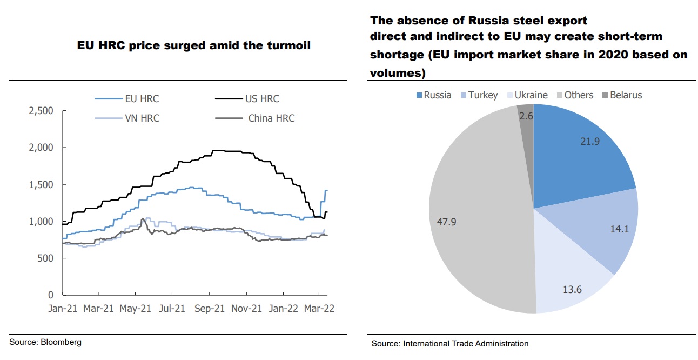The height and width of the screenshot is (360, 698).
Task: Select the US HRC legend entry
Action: click(262, 98)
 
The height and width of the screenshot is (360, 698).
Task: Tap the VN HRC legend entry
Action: click(142, 118)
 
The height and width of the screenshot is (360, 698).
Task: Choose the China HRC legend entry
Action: click(271, 118)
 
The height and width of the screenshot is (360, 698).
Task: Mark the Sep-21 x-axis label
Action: click(209, 308)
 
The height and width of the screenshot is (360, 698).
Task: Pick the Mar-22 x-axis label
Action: click(319, 308)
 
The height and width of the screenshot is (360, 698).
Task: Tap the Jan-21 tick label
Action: click(63, 308)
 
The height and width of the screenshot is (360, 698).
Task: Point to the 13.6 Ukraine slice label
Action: click(572, 289)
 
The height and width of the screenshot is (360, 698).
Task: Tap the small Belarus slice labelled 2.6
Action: click(526, 116)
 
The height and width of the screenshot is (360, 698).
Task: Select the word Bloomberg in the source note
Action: click(61, 342)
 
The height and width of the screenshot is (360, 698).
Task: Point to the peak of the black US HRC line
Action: click(216, 150)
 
